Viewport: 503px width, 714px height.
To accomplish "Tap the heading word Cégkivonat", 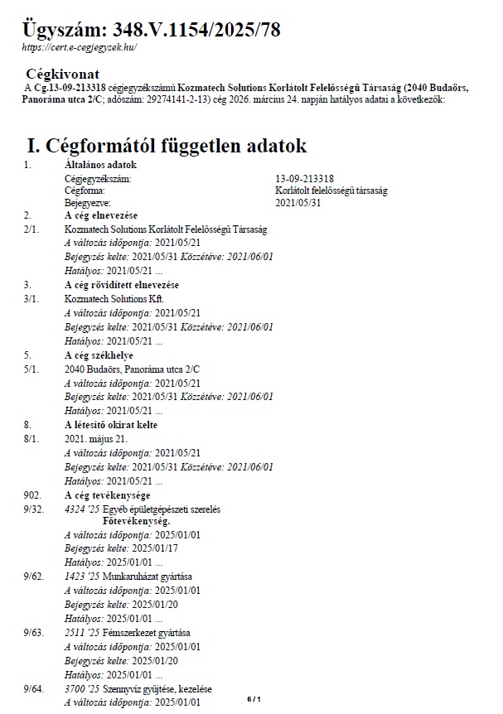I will (63, 74).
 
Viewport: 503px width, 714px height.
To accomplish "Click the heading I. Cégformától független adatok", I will (167, 147).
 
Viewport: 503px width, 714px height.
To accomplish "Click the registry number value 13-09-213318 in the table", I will (304, 178).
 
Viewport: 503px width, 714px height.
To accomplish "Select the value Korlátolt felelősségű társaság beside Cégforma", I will (331, 191).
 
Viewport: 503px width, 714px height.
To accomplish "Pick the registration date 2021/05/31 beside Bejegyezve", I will (297, 202).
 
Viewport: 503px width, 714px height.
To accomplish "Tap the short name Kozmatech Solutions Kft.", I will (115, 297).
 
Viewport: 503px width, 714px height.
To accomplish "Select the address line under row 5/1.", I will (133, 368).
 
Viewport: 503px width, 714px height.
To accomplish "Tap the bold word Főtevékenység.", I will (137, 522).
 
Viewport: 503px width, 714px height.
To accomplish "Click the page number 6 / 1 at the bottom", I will (254, 700).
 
